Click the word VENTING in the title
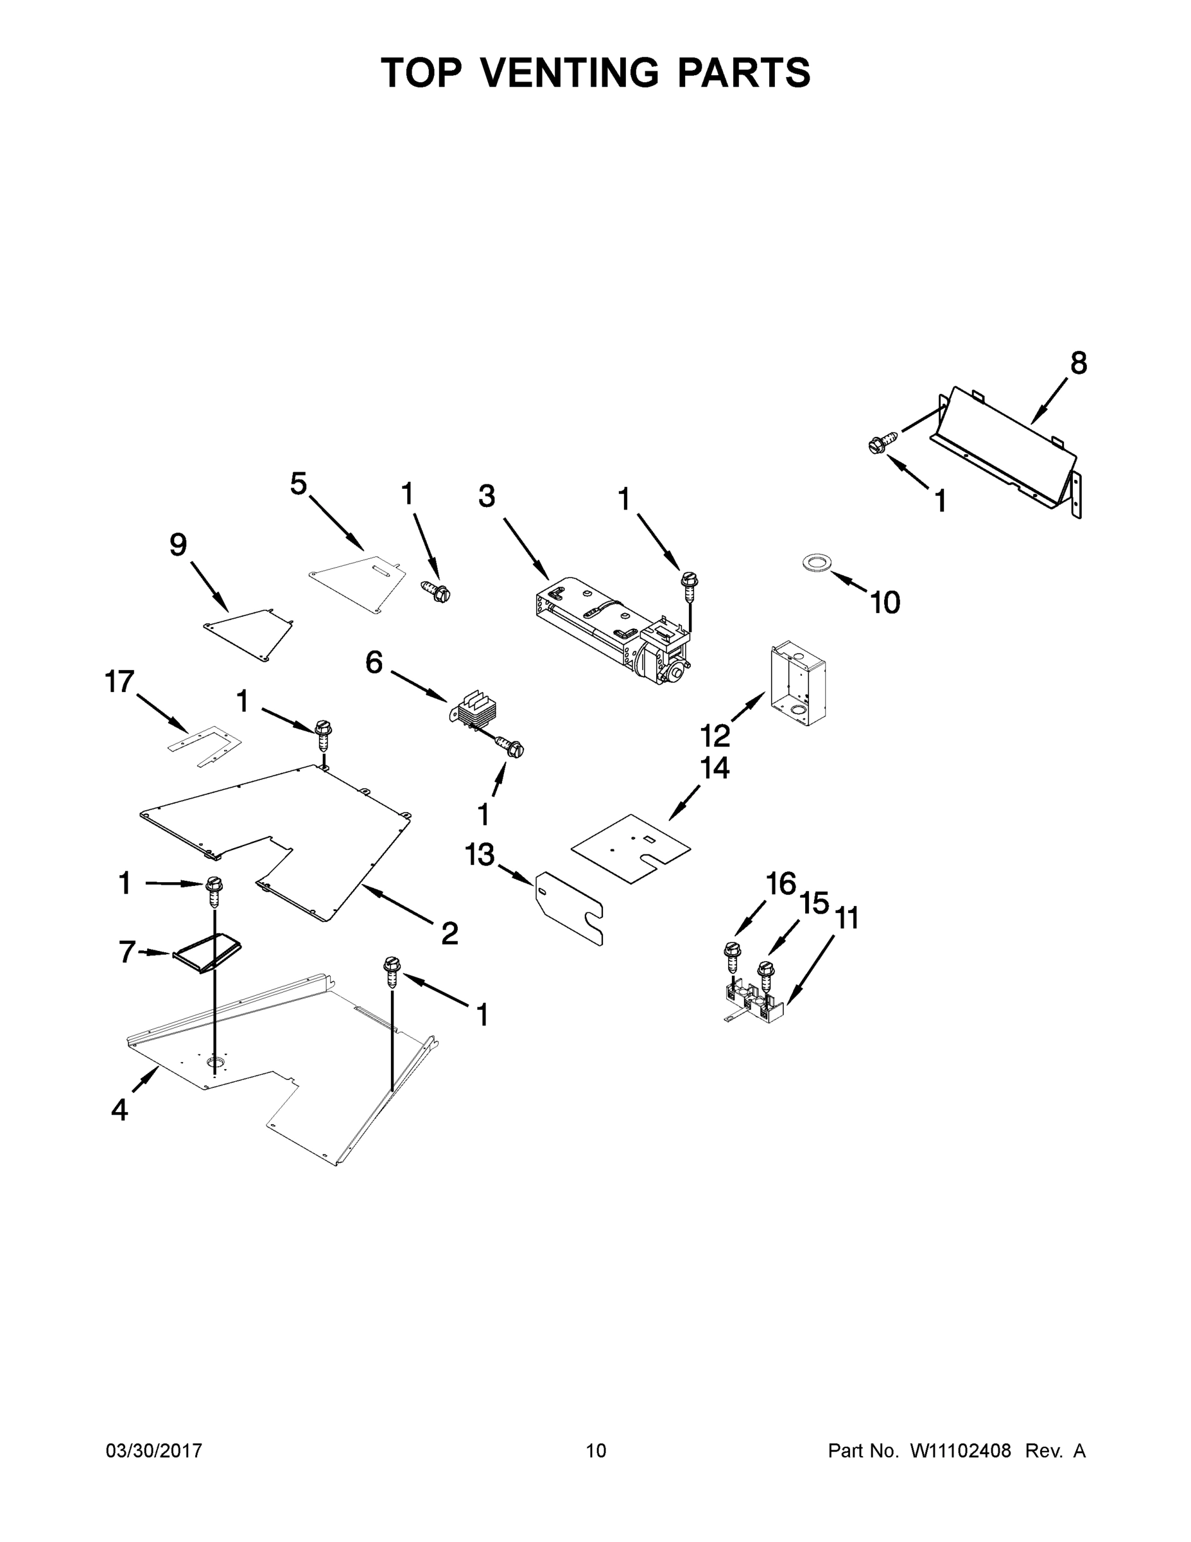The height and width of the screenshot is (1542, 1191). point(569,73)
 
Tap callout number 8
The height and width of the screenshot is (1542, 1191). point(1078,364)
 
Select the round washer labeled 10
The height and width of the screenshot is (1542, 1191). point(816,563)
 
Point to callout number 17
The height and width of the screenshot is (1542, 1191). point(119,682)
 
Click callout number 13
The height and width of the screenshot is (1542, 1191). point(480,855)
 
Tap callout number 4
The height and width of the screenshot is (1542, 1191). point(120,1111)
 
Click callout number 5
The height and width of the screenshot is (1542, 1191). point(299,484)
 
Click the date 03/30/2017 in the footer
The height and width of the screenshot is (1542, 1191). point(154,1451)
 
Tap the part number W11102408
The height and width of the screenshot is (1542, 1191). point(961,1451)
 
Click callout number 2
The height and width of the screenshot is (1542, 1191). point(449,934)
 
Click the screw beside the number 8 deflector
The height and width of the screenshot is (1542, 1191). point(882,443)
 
